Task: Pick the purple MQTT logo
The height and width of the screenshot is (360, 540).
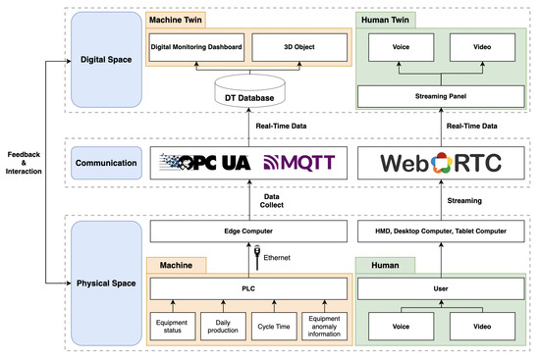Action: point(299,161)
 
